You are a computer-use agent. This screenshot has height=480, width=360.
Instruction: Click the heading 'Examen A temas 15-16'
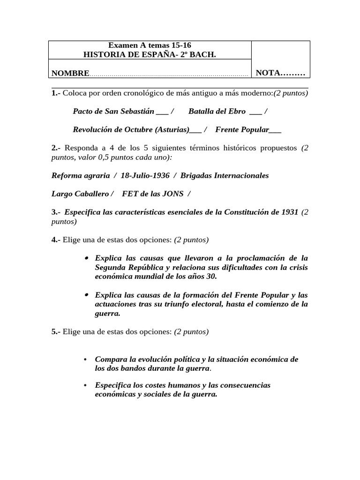150,45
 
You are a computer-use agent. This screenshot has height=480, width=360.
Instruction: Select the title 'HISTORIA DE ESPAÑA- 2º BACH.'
150,54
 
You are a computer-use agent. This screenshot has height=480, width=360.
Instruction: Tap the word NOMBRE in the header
70,73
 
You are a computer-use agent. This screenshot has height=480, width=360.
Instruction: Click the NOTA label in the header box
280,73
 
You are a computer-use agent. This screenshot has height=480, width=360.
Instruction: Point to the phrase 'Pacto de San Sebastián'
113,112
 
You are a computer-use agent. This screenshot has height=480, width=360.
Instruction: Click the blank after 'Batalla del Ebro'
256,112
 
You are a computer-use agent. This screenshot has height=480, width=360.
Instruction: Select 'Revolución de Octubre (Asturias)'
131,130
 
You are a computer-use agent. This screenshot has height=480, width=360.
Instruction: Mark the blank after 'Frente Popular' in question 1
276,130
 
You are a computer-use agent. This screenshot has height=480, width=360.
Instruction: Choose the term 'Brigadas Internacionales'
225,176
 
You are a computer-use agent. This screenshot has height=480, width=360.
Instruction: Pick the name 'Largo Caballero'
80,194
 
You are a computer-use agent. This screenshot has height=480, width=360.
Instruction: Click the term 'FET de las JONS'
152,194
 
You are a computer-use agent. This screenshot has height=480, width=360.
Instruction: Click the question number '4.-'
56,240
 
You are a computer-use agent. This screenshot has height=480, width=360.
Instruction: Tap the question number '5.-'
56,332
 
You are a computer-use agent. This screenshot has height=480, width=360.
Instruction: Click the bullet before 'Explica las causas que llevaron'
87,258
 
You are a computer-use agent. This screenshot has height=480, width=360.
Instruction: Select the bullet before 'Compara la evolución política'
85,360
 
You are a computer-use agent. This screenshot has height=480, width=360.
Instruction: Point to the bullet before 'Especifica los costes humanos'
85,385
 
